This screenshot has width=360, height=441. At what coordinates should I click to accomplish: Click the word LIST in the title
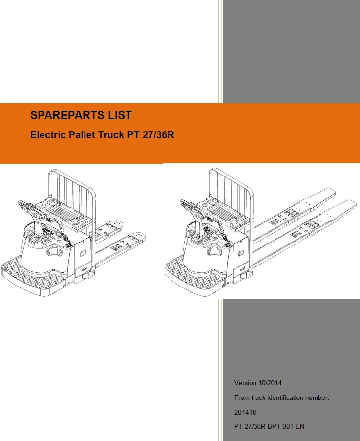(120, 116)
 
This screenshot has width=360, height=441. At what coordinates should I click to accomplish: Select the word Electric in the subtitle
(47, 135)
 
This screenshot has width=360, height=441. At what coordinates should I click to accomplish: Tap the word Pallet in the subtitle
(82, 135)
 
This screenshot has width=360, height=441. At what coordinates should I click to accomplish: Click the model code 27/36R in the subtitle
(158, 135)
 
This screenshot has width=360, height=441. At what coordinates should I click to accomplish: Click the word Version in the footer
(245, 383)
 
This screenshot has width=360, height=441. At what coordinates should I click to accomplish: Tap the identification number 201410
(245, 412)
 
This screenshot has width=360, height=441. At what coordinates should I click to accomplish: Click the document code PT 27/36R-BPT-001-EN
(269, 427)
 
